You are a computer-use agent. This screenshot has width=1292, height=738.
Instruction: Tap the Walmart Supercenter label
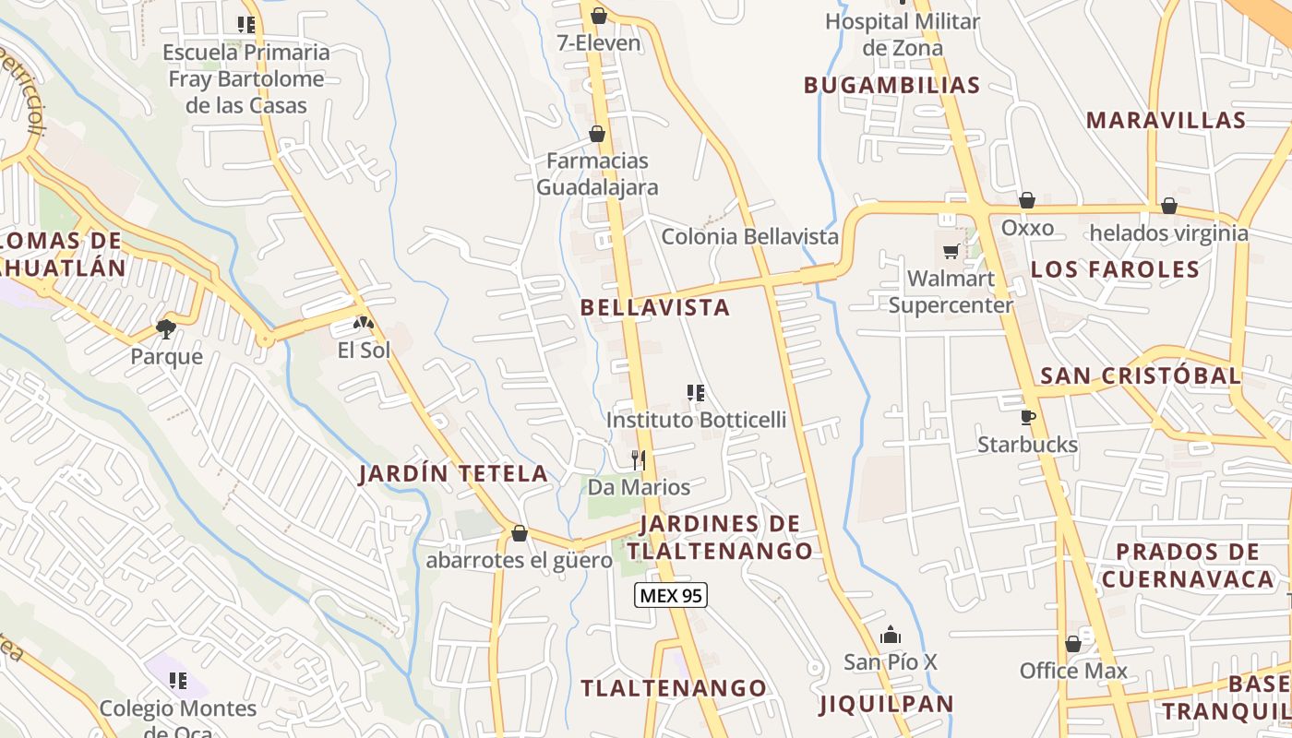click(951, 292)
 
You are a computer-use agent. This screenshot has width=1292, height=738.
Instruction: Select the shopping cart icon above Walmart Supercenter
click(951, 251)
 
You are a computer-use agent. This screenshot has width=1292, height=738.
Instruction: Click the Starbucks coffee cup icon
click(1028, 418)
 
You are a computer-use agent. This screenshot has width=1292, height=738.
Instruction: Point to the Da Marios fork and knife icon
click(638, 459)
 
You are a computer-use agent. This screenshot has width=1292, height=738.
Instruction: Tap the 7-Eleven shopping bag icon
click(599, 16)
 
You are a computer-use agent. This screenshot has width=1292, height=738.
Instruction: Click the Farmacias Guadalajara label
click(598, 173)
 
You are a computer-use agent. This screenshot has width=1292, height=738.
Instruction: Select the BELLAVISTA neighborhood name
click(655, 307)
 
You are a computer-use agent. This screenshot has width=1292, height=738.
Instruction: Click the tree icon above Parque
click(166, 328)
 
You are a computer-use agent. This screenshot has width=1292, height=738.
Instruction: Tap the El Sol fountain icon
click(364, 324)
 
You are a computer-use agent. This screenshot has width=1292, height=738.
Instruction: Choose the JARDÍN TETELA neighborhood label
click(453, 474)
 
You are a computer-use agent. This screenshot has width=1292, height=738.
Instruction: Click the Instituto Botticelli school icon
click(696, 394)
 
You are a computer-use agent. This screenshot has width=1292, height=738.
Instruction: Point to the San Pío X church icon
click(891, 635)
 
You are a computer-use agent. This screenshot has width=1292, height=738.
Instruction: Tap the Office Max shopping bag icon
click(1072, 644)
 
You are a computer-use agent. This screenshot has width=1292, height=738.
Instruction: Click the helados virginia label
click(1168, 232)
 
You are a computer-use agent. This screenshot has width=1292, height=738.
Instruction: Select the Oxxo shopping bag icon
click(1027, 201)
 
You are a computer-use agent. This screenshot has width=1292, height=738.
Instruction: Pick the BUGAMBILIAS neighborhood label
click(891, 85)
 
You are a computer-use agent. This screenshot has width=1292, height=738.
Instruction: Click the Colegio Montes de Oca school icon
click(178, 682)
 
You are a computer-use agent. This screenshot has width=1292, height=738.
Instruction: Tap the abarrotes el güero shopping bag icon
click(520, 533)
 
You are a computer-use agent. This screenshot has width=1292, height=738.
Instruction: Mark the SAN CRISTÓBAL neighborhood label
click(1141, 375)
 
